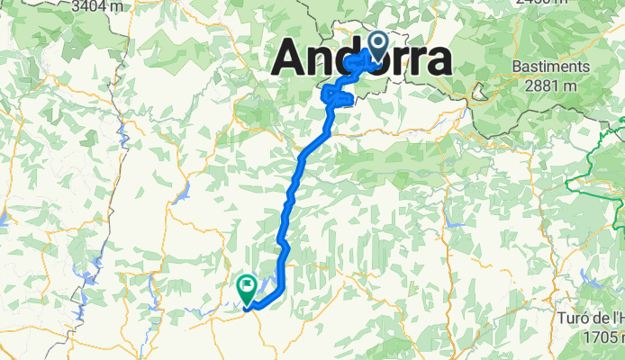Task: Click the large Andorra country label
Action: [361, 59]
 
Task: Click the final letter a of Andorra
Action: [437, 60]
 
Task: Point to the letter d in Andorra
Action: [352, 58]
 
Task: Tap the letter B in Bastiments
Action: [516, 67]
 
